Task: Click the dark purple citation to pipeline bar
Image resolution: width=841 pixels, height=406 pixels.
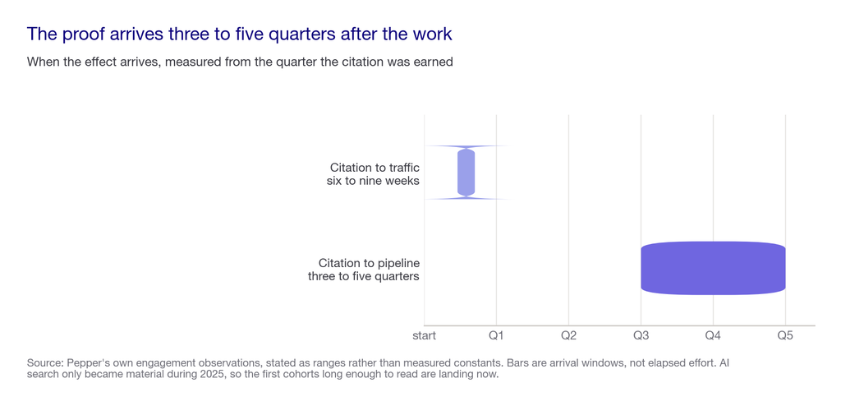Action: (713, 268)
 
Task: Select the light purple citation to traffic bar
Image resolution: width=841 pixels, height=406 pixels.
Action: (466, 173)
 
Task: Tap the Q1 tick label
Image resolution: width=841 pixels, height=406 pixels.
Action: (496, 336)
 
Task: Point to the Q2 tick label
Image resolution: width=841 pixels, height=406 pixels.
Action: (568, 336)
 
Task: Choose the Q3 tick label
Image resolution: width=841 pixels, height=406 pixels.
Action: (641, 336)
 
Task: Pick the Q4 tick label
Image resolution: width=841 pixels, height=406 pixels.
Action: (713, 336)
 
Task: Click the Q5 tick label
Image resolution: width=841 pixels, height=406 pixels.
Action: (785, 336)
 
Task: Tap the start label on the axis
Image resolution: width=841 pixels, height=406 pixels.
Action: (425, 336)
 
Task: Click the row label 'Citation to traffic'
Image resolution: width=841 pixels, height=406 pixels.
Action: (375, 167)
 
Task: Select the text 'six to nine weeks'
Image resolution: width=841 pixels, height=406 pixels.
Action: (373, 181)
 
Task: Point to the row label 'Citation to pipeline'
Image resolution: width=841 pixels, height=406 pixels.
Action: (369, 263)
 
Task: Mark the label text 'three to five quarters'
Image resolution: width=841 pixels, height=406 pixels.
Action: (364, 277)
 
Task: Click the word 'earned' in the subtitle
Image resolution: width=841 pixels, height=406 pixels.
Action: (435, 62)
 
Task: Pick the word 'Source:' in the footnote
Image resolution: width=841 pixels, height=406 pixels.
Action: (43, 363)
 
